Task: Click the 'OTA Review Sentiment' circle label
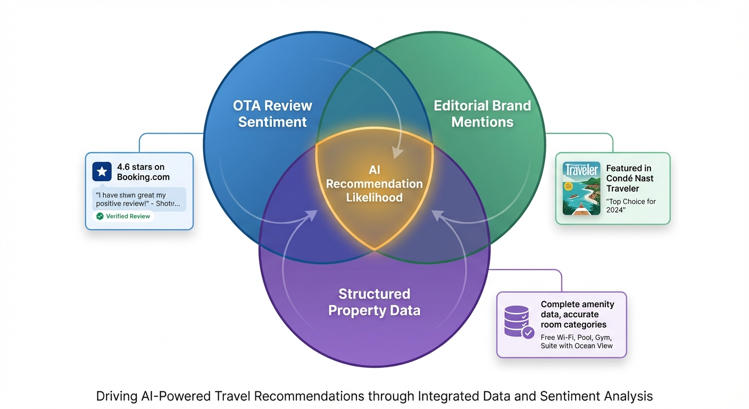(272, 113)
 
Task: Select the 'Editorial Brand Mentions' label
(482, 113)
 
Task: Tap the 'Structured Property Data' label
(374, 302)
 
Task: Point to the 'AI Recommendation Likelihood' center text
(374, 184)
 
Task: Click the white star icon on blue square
(102, 172)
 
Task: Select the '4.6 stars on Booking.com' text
(143, 172)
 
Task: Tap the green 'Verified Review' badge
(123, 216)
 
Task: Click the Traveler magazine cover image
(581, 189)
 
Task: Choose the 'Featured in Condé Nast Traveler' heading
(630, 178)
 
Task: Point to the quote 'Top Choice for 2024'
(631, 206)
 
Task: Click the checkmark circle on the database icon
(528, 333)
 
